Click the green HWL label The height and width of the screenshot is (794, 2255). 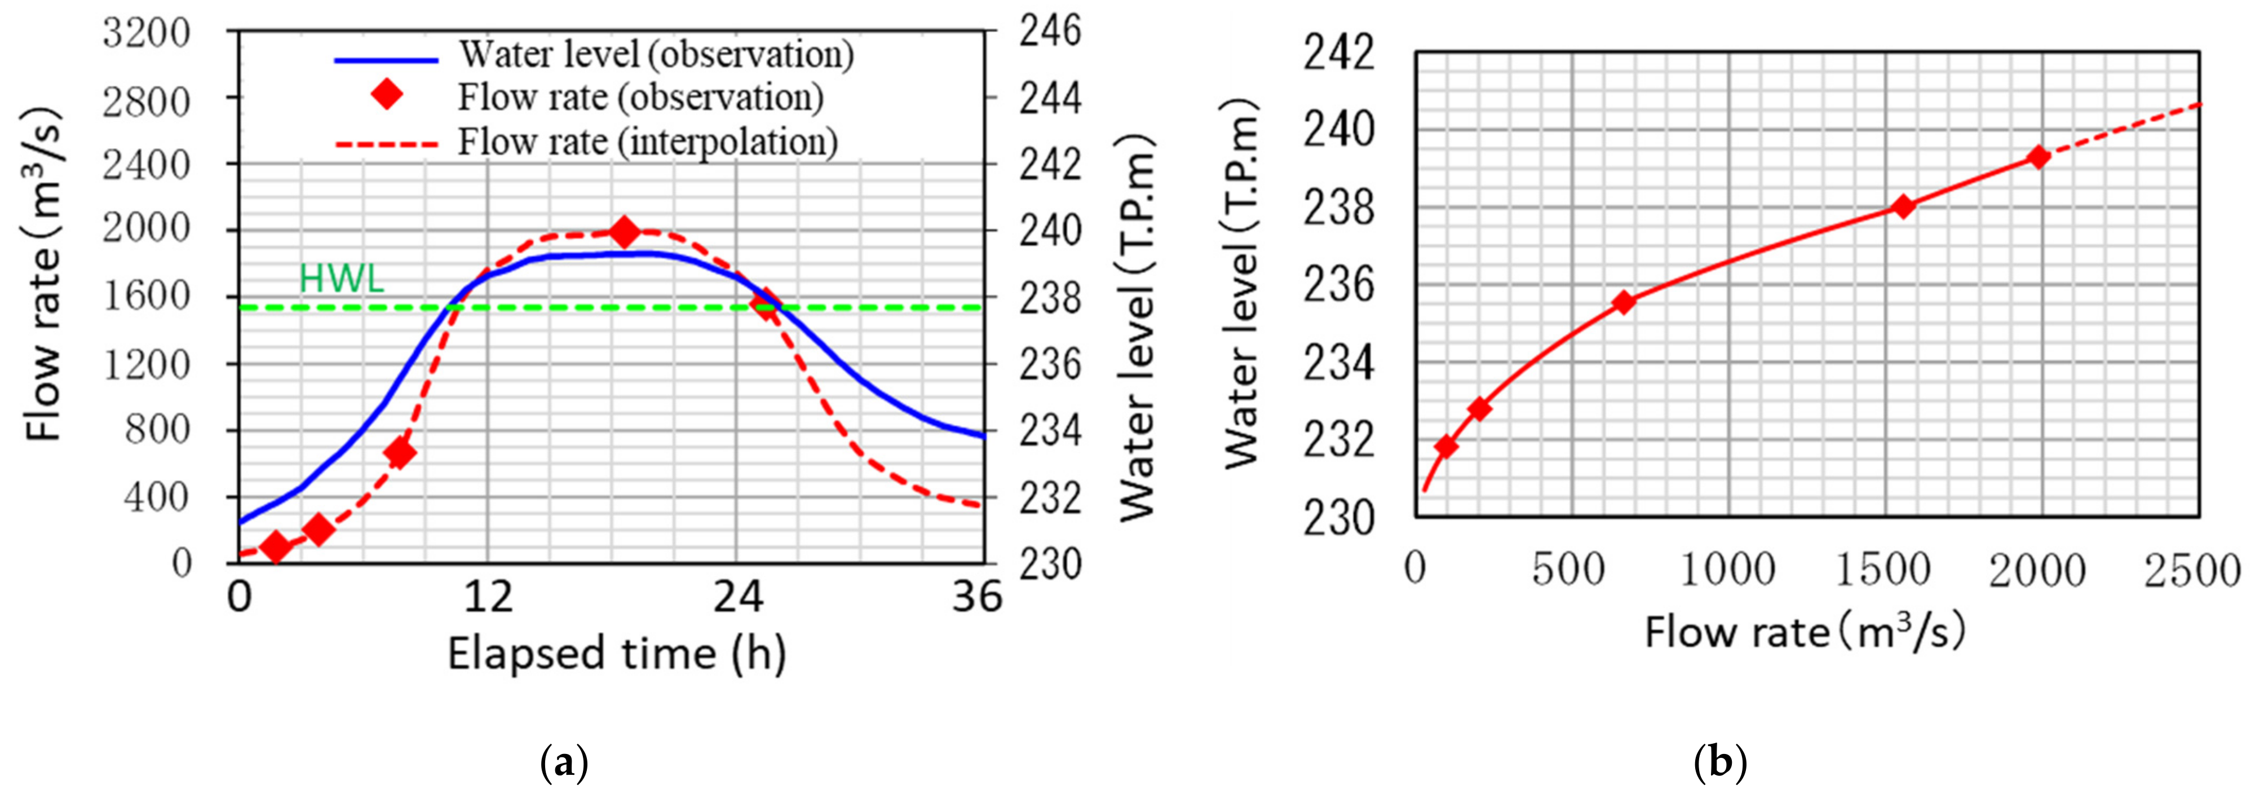tap(342, 279)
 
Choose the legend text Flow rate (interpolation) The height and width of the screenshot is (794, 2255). tap(648, 141)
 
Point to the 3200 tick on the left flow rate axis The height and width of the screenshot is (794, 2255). tap(146, 33)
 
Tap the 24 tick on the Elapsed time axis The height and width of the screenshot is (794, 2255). tap(737, 598)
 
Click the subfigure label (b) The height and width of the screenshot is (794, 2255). tap(1720, 762)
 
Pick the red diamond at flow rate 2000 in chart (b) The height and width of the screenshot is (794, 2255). tap(2039, 157)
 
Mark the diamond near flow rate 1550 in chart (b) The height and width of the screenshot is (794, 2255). tap(1902, 206)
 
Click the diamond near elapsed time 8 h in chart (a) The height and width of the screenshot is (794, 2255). tap(400, 453)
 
